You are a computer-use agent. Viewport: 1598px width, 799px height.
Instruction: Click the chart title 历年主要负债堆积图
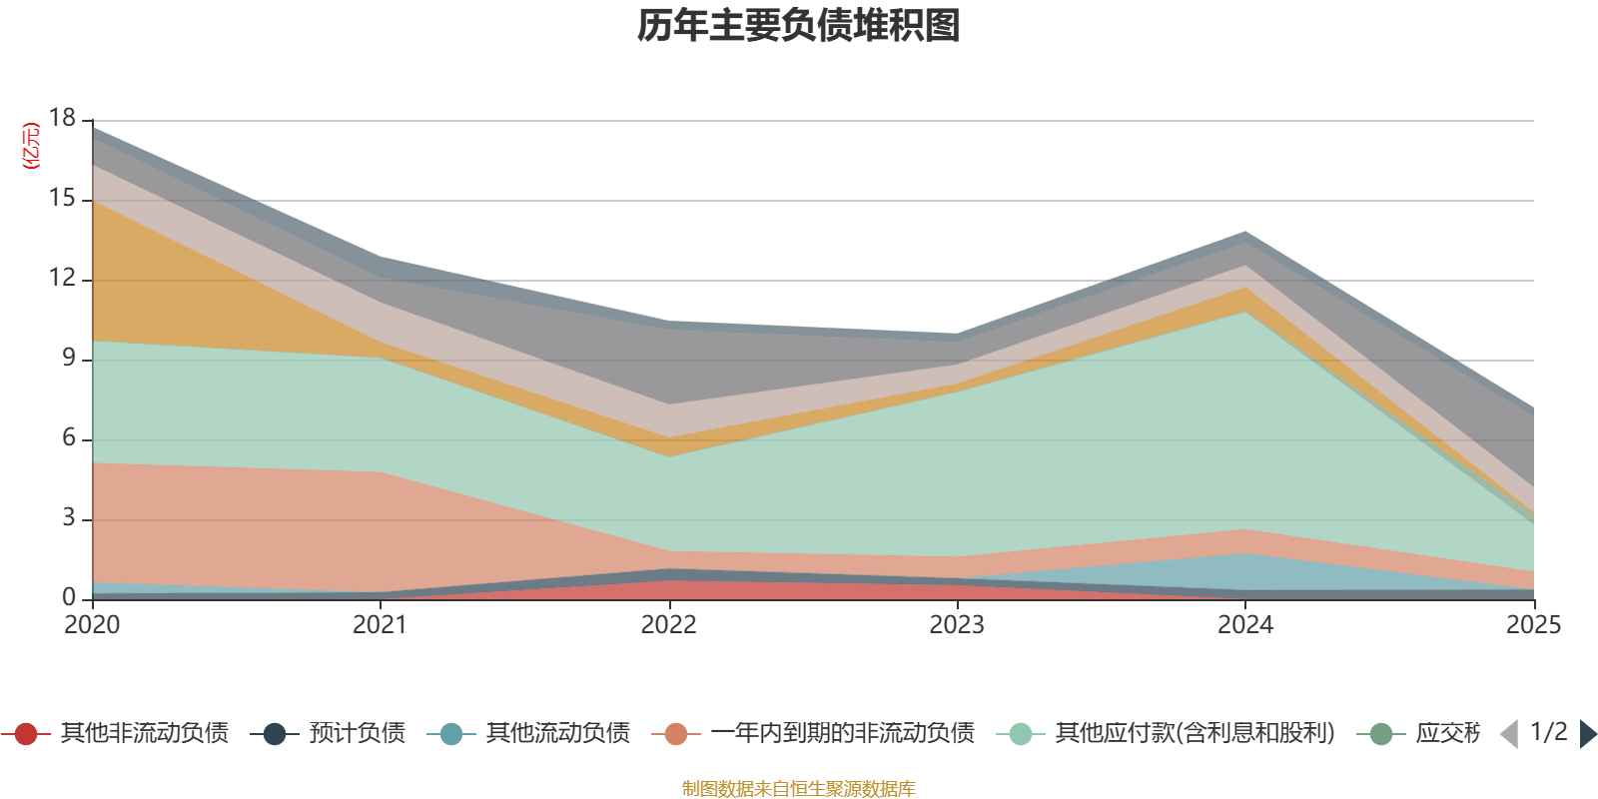pyautogui.click(x=799, y=26)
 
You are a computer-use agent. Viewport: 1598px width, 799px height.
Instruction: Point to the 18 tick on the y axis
pyautogui.click(x=62, y=119)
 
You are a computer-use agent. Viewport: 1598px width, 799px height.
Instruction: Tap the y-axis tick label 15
pyautogui.click(x=62, y=199)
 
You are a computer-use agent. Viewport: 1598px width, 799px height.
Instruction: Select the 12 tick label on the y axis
pyautogui.click(x=62, y=279)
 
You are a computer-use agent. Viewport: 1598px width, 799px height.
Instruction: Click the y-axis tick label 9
pyautogui.click(x=68, y=359)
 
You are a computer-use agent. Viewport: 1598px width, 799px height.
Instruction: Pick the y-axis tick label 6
pyautogui.click(x=68, y=438)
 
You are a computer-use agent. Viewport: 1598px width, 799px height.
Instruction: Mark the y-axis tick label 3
pyautogui.click(x=68, y=518)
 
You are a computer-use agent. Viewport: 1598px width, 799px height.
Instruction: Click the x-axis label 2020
pyautogui.click(x=92, y=625)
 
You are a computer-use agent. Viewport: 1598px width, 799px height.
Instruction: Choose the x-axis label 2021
pyautogui.click(x=381, y=625)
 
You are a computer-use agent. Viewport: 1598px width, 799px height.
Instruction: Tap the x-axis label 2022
pyautogui.click(x=668, y=625)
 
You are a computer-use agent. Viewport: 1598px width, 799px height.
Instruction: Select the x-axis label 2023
pyautogui.click(x=957, y=625)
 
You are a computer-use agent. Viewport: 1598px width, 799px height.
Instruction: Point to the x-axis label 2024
pyautogui.click(x=1245, y=625)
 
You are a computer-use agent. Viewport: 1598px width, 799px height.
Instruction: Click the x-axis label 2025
pyautogui.click(x=1533, y=625)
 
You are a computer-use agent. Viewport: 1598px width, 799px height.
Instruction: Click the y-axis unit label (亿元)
pyautogui.click(x=31, y=146)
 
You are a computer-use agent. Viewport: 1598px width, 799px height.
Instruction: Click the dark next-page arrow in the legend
pyautogui.click(x=1587, y=734)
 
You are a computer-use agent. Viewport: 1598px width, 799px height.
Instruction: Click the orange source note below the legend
pyautogui.click(x=799, y=789)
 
